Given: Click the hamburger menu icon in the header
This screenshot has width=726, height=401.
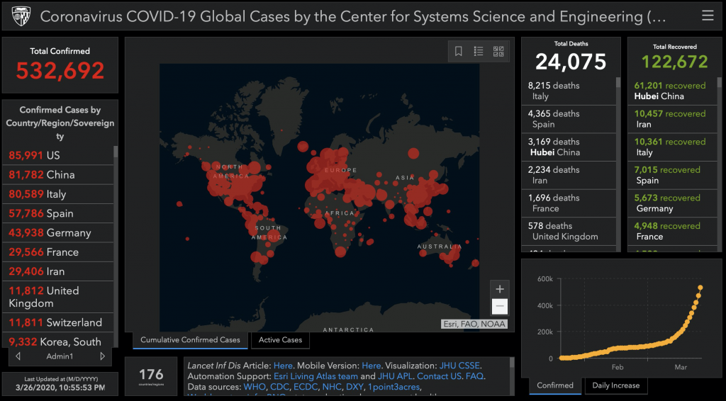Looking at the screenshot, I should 707,16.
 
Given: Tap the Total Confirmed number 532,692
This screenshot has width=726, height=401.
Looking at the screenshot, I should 60,70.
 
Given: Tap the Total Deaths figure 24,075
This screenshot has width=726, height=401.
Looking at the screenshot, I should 571,62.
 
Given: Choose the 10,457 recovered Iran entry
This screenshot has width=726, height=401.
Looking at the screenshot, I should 669,119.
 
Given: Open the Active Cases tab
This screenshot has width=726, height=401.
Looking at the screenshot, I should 280,340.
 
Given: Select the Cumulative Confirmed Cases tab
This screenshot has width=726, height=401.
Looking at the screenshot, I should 190,340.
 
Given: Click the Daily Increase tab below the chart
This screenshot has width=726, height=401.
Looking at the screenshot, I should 615,385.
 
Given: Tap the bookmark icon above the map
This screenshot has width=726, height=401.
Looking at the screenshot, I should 459,51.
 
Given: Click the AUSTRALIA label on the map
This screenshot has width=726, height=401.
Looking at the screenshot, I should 439,247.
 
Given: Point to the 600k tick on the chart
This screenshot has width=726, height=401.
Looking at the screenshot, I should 544,278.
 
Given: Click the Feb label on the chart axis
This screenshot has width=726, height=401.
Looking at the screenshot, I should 617,367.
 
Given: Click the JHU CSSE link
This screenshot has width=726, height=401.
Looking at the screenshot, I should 459,365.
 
